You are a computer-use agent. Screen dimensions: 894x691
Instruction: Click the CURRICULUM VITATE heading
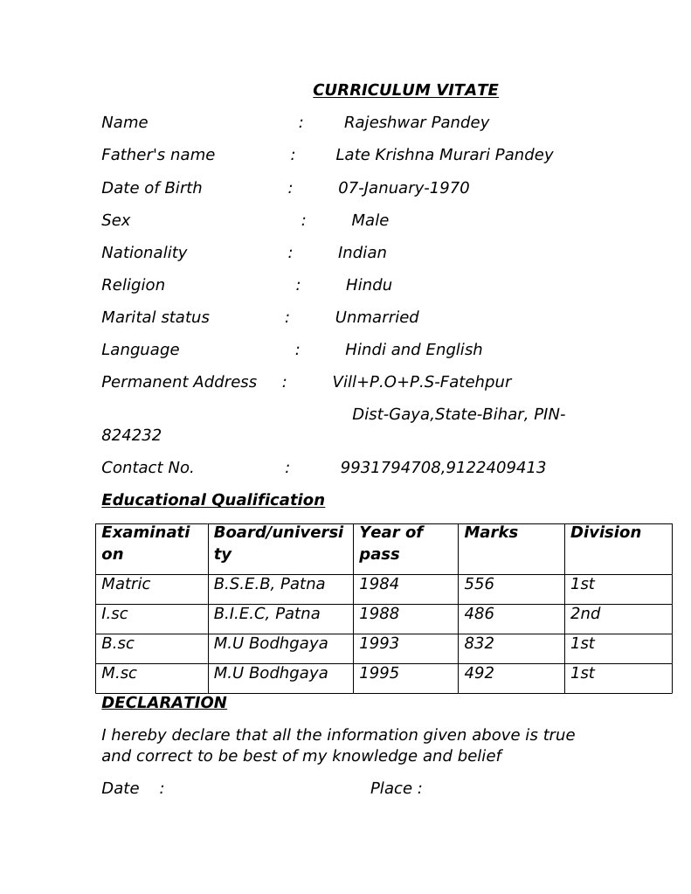[x=405, y=90]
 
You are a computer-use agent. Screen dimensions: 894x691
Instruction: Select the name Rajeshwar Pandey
[x=416, y=122]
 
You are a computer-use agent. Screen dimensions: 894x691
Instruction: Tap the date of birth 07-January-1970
[x=403, y=188]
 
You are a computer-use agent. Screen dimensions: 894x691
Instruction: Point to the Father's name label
[x=158, y=155]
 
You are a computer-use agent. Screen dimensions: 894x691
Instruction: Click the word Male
[x=370, y=220]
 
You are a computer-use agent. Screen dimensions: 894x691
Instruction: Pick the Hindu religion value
[x=369, y=285]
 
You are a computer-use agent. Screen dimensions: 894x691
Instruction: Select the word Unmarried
[x=377, y=317]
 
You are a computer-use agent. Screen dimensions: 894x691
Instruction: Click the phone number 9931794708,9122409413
[x=442, y=468]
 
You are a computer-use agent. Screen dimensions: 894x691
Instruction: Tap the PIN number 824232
[x=131, y=435]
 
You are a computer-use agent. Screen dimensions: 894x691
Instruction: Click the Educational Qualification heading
[x=213, y=500]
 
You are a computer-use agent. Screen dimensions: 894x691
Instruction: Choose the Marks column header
[x=490, y=532]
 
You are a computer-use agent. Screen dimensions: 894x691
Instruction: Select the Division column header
[x=605, y=532]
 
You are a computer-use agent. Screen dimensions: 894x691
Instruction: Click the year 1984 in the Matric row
[x=378, y=584]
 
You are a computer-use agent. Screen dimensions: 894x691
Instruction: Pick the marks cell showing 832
[x=479, y=643]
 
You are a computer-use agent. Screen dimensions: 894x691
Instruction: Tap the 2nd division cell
[x=584, y=613]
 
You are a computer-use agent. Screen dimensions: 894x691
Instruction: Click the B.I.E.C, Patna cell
[x=266, y=613]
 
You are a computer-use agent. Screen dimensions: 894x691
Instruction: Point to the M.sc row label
[x=119, y=673]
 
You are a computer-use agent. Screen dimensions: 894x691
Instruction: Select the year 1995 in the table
[x=378, y=673]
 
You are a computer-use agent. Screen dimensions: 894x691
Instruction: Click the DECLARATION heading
[x=163, y=703]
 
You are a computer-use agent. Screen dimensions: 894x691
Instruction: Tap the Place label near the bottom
[x=395, y=788]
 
